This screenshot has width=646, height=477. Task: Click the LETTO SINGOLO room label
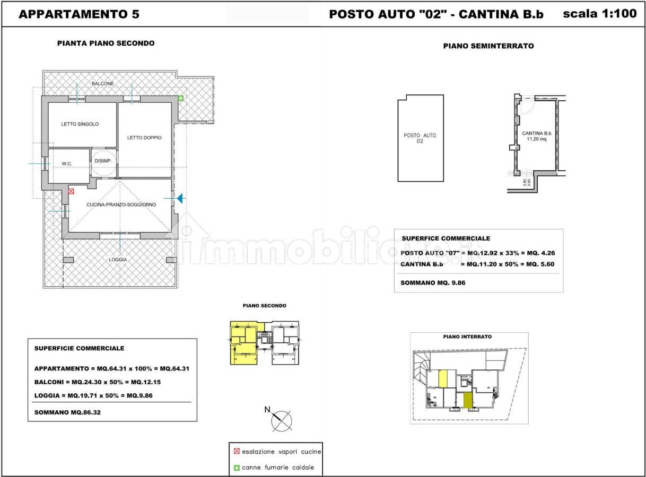[x=80, y=124]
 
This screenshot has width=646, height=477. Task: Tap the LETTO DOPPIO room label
[x=144, y=138]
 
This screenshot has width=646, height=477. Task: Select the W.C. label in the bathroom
[x=67, y=164]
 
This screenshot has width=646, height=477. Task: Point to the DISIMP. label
[x=103, y=161]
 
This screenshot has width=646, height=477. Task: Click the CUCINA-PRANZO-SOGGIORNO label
[x=121, y=205]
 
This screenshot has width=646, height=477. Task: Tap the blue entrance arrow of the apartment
[x=180, y=198]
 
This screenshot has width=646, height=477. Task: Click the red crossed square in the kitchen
[x=71, y=191]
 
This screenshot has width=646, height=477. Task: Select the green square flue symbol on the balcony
[x=180, y=98]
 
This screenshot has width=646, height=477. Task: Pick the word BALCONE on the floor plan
[x=103, y=84]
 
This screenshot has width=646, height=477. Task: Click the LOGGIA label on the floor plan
[x=118, y=259]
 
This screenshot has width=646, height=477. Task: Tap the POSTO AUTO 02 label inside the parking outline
[x=420, y=138]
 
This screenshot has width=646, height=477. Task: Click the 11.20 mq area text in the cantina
[x=537, y=139]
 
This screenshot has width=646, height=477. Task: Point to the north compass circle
[x=281, y=421]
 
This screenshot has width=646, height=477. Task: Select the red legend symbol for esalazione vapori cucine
[x=237, y=451]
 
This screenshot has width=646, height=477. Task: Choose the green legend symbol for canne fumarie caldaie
[x=237, y=467]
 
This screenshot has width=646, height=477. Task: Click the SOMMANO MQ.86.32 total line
[x=67, y=412]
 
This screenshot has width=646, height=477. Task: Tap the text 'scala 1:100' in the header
[x=600, y=14]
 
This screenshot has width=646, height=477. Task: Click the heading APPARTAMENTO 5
[x=79, y=14]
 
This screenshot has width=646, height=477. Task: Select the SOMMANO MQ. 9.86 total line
[x=433, y=282]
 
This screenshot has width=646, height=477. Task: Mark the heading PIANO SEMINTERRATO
[x=488, y=46]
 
